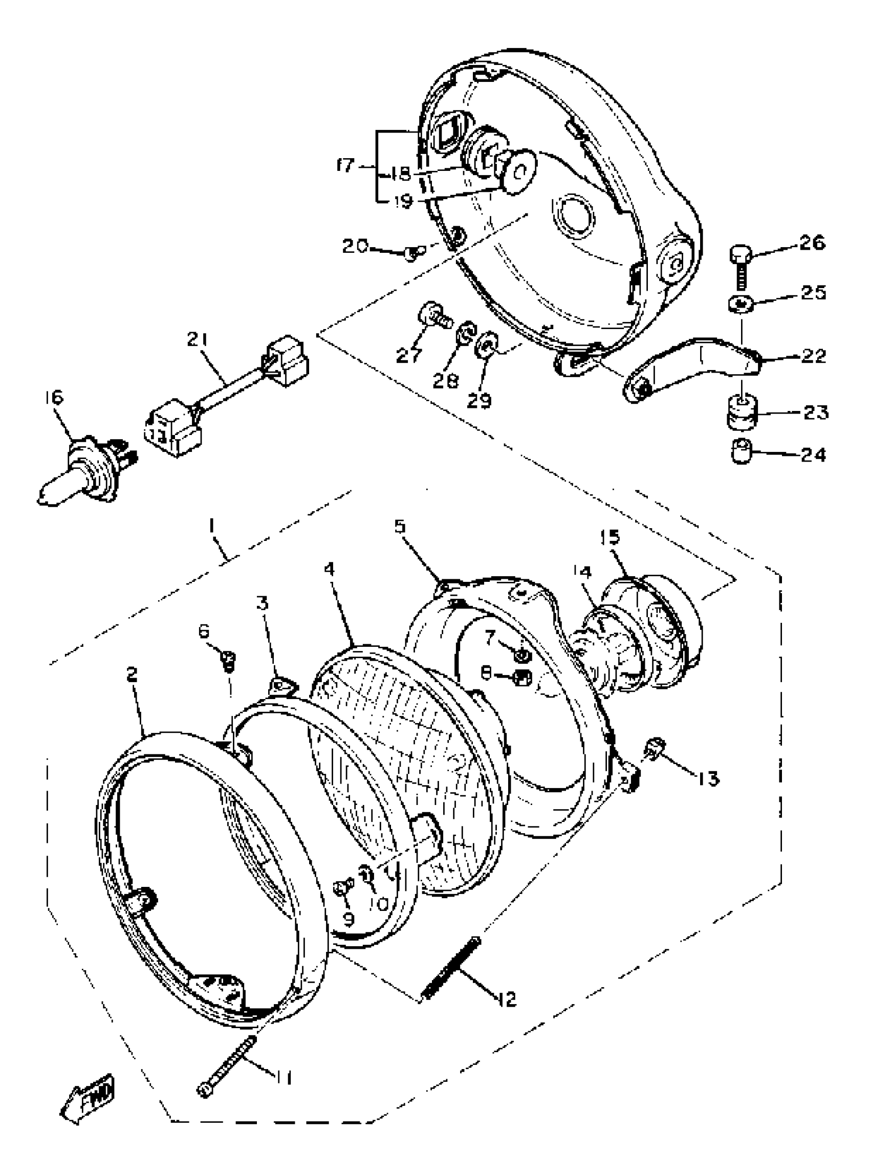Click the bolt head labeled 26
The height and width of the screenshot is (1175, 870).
(739, 256)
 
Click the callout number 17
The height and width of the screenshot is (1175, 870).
(345, 168)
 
